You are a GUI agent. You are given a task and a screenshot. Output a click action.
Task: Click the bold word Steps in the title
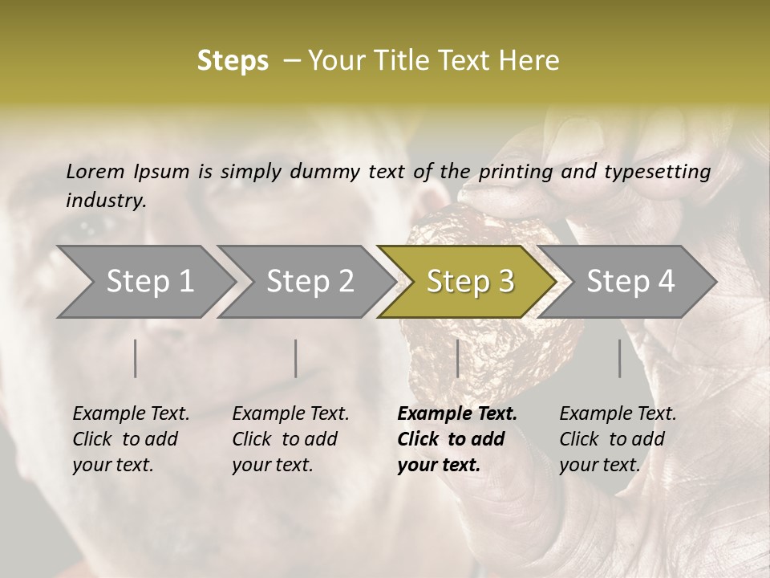coord(233,61)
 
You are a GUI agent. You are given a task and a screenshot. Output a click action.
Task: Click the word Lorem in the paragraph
coord(95,171)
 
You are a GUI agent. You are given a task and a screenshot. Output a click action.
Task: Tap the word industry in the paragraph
coord(106,200)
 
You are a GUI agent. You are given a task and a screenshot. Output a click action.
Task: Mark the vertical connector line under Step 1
coord(136,358)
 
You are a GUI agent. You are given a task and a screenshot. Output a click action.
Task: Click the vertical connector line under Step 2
coord(296,358)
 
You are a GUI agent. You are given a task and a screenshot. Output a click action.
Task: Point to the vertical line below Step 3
coord(457,358)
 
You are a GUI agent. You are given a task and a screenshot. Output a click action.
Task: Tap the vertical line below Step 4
coord(620,358)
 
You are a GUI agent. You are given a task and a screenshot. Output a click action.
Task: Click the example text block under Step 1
coord(131,439)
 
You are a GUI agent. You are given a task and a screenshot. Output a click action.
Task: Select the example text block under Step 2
coord(290,439)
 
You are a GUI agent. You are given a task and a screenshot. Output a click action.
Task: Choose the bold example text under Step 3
coord(457,439)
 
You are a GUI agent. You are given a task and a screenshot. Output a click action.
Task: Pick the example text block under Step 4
coord(618,439)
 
